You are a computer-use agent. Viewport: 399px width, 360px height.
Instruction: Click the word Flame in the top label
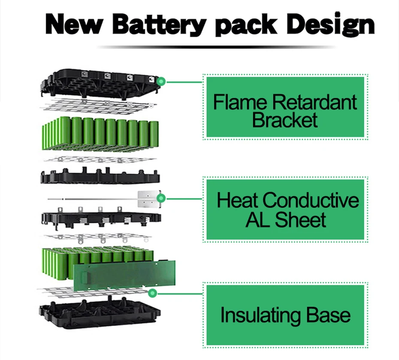click(240, 103)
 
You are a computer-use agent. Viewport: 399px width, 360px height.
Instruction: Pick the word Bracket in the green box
click(285, 120)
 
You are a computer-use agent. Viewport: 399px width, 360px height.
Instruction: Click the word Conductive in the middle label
click(311, 200)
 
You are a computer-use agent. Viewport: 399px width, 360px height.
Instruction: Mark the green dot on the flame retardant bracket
click(161, 81)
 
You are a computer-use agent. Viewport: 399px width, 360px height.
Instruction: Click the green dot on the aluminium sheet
click(161, 198)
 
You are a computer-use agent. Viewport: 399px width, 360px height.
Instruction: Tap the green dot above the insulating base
click(152, 293)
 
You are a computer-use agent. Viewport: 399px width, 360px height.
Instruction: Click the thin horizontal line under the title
click(215, 46)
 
